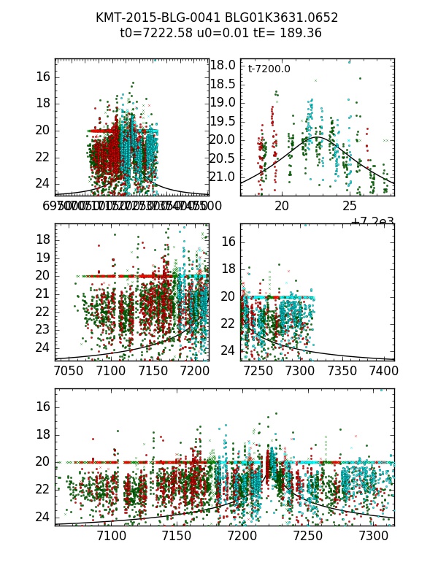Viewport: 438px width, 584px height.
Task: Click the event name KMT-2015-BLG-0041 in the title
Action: coord(150,18)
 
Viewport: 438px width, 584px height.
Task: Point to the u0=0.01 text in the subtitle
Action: coord(217,33)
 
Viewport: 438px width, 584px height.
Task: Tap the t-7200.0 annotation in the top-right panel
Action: coord(269,69)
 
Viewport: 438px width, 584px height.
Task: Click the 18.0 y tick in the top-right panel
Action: coord(223,65)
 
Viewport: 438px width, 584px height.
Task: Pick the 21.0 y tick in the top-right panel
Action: coord(223,177)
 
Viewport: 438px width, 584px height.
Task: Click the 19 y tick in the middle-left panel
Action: coord(42,257)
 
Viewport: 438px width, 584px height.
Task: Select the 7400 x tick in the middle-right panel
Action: coord(383,372)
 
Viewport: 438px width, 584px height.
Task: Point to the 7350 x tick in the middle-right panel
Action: coord(340,372)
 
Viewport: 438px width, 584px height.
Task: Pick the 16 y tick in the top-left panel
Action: coord(42,76)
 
